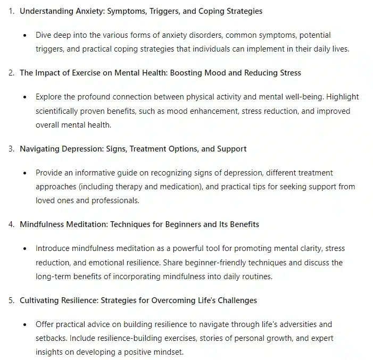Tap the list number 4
point(11,224)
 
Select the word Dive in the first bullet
point(45,35)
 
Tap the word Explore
point(50,97)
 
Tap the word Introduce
point(54,248)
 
